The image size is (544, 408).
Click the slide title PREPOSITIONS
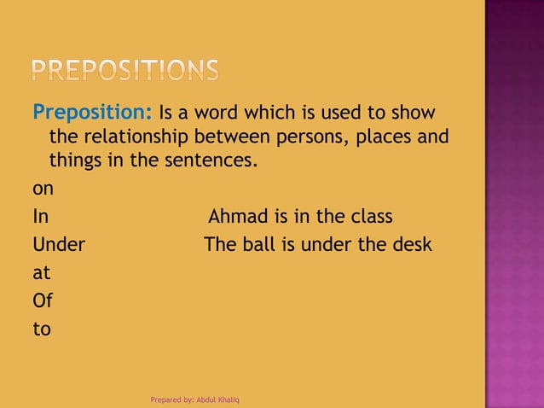pos(126,69)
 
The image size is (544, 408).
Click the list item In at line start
pos(40,217)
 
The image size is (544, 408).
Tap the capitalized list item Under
pos(59,245)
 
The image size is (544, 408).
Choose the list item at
pos(40,274)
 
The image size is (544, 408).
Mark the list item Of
pos(42,300)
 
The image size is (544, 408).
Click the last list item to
pos(41,329)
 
